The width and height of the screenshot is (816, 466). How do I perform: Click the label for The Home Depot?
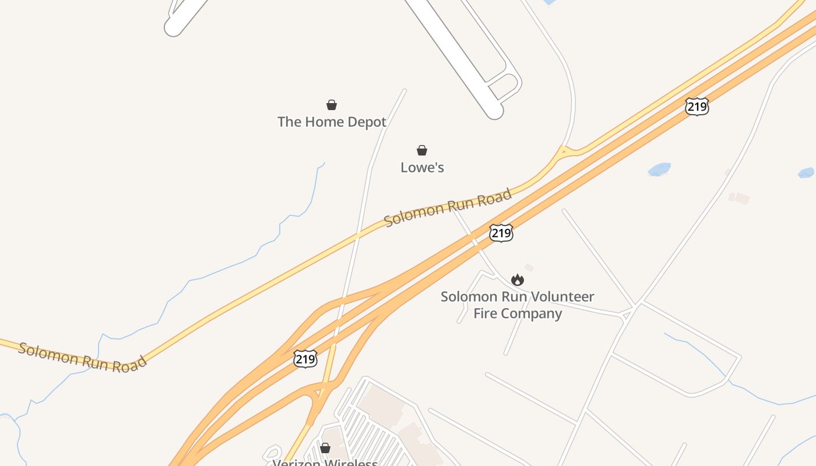[332, 122]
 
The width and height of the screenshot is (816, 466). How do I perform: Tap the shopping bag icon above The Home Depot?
[332, 105]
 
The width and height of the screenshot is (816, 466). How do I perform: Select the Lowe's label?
[422, 168]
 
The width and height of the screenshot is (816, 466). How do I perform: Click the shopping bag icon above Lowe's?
[422, 150]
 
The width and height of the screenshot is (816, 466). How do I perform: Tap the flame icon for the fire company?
[517, 280]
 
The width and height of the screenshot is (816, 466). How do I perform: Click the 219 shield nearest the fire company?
[501, 233]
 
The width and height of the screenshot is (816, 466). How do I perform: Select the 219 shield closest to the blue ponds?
[697, 107]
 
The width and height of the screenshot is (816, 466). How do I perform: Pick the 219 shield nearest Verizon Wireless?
[305, 359]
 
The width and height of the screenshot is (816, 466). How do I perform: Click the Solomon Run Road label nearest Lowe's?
[448, 207]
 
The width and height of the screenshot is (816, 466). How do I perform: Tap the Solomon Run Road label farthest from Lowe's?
[82, 356]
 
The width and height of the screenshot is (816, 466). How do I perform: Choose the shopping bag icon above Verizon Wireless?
[325, 448]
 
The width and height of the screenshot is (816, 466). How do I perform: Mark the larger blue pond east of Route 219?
[659, 170]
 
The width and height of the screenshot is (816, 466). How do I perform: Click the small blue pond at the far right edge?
[806, 172]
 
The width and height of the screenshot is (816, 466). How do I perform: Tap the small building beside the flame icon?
[529, 267]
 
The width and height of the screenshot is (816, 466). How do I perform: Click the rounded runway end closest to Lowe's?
[494, 111]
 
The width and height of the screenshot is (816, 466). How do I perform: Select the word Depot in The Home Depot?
[367, 122]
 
